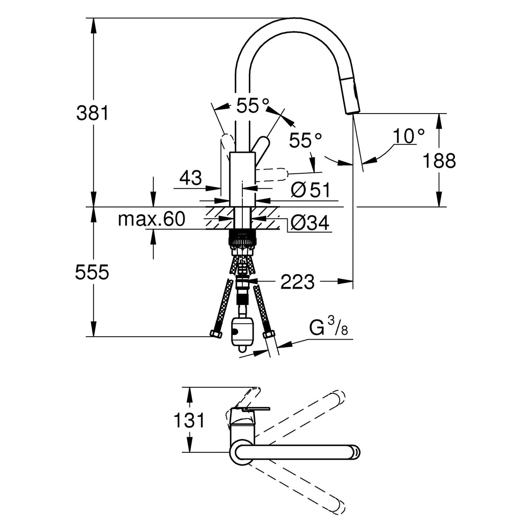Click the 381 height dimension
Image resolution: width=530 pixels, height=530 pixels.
92,113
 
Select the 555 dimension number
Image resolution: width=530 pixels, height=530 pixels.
92,273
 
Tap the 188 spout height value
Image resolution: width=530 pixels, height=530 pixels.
439,161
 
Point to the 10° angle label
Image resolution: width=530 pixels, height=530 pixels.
408,136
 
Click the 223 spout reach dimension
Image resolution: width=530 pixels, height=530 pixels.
297,282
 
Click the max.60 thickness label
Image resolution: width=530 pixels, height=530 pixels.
151,219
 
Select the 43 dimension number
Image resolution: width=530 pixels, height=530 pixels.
191,178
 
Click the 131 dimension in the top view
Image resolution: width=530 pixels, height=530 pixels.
189,420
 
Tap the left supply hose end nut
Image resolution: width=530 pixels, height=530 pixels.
216,334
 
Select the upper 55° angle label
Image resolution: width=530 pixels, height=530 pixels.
253,106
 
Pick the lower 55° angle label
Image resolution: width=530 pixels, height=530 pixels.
306,141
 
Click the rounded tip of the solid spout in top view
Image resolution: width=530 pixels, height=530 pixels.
356,453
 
